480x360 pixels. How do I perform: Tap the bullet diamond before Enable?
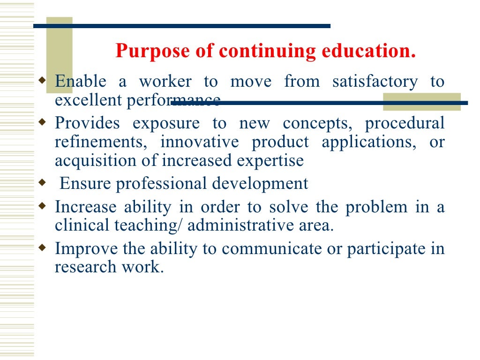click(x=42, y=80)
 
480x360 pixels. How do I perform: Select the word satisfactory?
click(x=375, y=82)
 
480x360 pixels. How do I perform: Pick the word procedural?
click(x=405, y=124)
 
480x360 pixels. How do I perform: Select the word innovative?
click(x=199, y=142)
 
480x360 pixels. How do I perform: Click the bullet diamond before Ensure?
click(x=42, y=182)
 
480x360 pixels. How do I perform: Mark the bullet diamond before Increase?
click(x=42, y=205)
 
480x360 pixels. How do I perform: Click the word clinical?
click(x=82, y=225)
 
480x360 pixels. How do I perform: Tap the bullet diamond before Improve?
click(x=42, y=247)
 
